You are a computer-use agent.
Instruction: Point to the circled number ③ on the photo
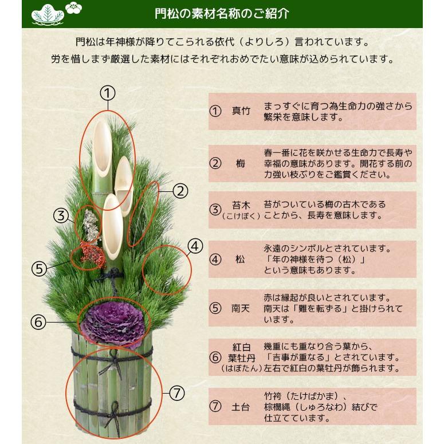click(x=61, y=216)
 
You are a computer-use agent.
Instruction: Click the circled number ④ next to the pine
click(x=195, y=246)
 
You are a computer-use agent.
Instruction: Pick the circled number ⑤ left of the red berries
click(x=38, y=269)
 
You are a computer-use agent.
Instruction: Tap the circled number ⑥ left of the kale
click(x=38, y=322)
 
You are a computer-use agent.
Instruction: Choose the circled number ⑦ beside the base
click(x=178, y=393)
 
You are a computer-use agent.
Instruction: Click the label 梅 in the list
click(x=241, y=163)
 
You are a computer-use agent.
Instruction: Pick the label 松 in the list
click(x=241, y=259)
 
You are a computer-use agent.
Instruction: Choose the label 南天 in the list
click(x=241, y=308)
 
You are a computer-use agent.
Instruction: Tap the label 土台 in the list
click(x=241, y=407)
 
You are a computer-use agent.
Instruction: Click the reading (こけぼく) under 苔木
click(x=241, y=217)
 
